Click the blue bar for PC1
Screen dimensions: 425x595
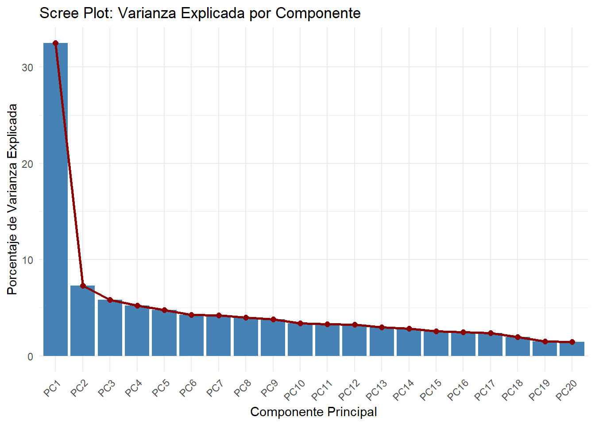pyautogui.click(x=55, y=199)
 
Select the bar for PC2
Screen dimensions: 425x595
pyautogui.click(x=82, y=321)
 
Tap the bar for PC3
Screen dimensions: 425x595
pyautogui.click(x=110, y=328)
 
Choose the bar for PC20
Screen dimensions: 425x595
pyautogui.click(x=572, y=349)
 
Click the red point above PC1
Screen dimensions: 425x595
pyautogui.click(x=55, y=43)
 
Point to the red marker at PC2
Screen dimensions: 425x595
pyautogui.click(x=83, y=286)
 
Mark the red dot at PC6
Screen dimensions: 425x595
pyautogui.click(x=191, y=315)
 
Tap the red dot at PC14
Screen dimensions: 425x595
pyautogui.click(x=409, y=329)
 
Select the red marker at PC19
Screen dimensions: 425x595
pyautogui.click(x=545, y=342)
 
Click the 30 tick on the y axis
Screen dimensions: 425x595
pyautogui.click(x=27, y=67)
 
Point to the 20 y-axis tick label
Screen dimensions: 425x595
pyautogui.click(x=27, y=164)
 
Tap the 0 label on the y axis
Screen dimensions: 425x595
pyautogui.click(x=30, y=356)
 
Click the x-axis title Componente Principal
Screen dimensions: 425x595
pyautogui.click(x=313, y=412)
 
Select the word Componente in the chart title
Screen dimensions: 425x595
pyautogui.click(x=318, y=13)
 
